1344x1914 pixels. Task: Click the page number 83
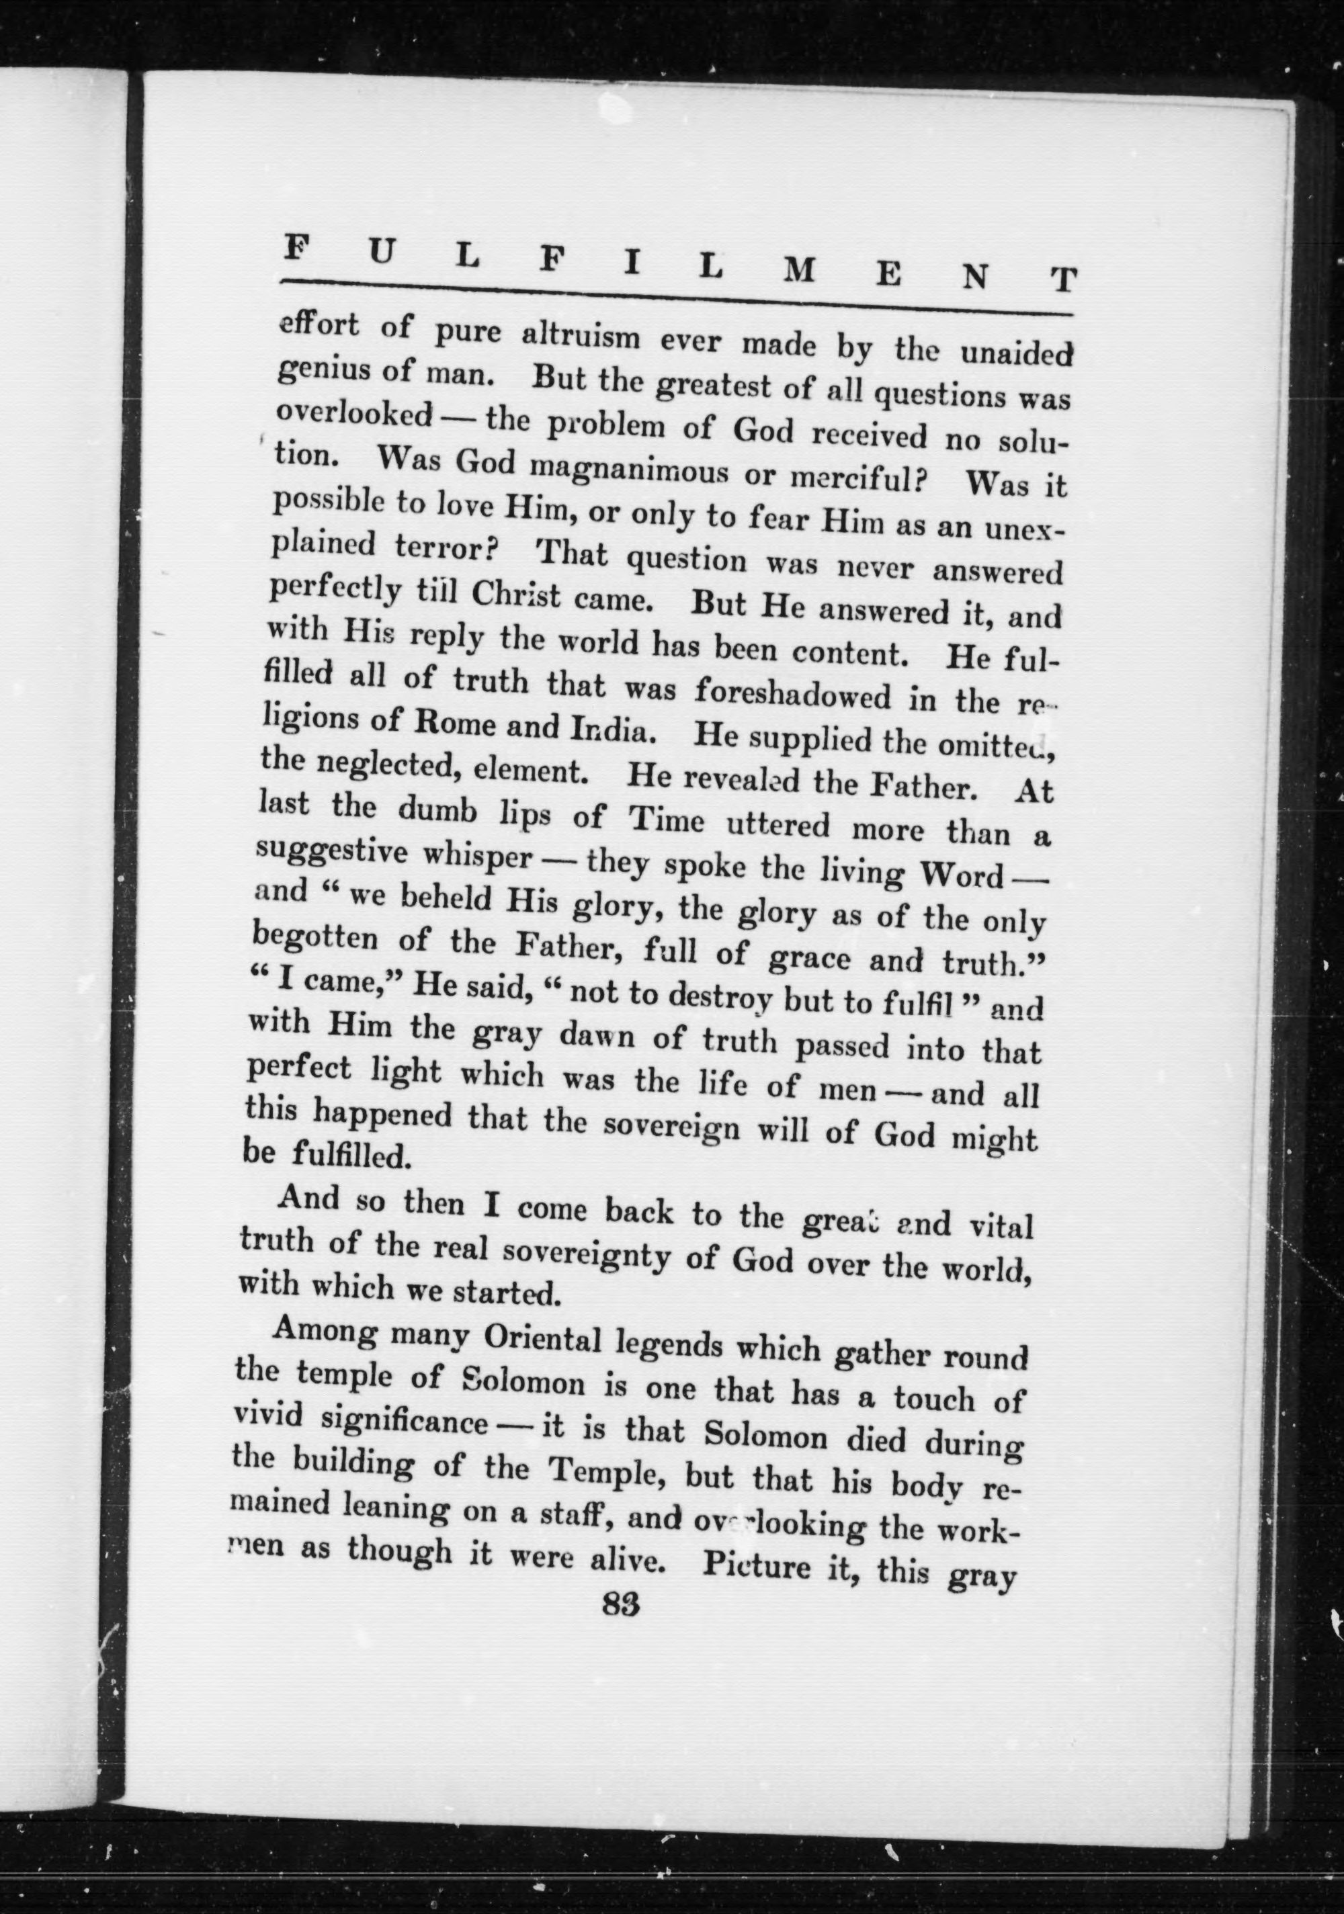tap(620, 1606)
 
